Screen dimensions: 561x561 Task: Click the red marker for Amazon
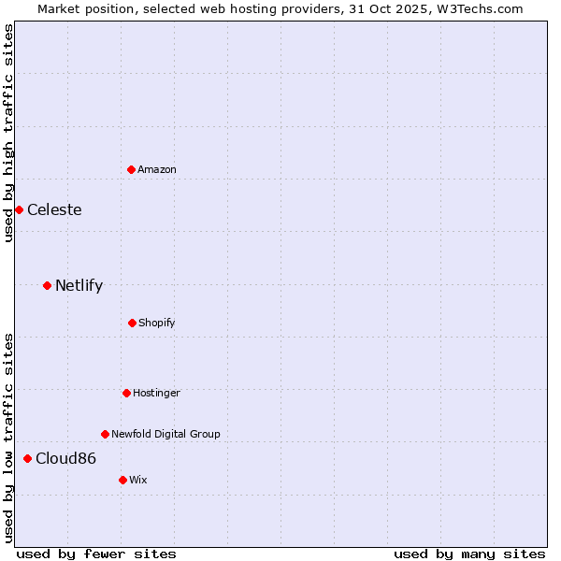point(132,169)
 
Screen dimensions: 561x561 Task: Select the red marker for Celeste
point(19,209)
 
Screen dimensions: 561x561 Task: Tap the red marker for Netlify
point(47,285)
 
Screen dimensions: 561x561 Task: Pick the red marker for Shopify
point(132,323)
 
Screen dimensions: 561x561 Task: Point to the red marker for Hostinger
point(126,393)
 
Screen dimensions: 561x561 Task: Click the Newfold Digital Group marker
point(105,434)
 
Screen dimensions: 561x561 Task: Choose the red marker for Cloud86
point(27,458)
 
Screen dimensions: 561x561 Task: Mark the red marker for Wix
point(122,480)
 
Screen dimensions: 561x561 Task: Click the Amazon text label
point(157,169)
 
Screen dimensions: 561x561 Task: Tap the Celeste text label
point(54,209)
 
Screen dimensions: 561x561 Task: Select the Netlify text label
point(79,285)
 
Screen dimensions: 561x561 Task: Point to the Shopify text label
point(157,323)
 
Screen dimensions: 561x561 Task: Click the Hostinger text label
point(156,393)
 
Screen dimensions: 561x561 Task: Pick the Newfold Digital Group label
point(165,434)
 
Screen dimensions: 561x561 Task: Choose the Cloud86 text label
point(65,458)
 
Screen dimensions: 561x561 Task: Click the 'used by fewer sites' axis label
point(96,554)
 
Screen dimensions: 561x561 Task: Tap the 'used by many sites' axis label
point(469,554)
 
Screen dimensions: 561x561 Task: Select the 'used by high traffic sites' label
point(8,133)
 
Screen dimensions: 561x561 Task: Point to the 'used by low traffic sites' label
point(8,437)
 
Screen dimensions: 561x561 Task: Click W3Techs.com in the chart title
point(481,8)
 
